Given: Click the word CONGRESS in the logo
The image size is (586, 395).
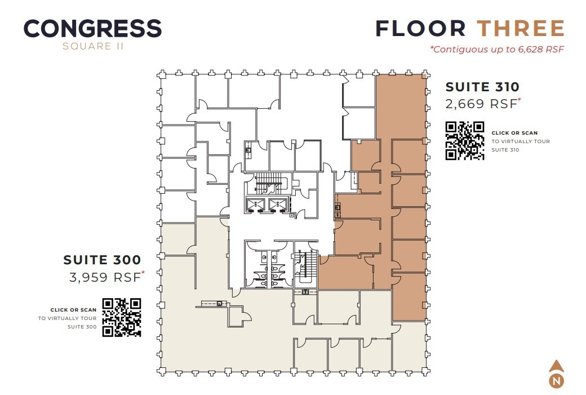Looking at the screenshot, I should click(x=92, y=29).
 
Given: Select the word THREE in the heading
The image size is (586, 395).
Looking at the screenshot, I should click(x=521, y=29).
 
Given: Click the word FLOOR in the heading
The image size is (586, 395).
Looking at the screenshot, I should click(x=420, y=29).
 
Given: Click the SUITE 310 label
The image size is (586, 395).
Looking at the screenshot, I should click(x=482, y=87).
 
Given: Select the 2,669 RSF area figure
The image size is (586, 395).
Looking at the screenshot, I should click(x=482, y=104).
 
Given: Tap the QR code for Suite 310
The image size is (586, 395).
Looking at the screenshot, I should click(x=465, y=141).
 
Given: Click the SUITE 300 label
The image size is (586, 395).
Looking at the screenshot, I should click(x=102, y=260).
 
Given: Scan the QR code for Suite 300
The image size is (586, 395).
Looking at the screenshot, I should click(x=121, y=317).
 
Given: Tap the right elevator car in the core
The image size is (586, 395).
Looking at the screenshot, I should click(x=276, y=205).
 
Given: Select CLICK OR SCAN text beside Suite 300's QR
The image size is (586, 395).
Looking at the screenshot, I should click(x=73, y=310).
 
